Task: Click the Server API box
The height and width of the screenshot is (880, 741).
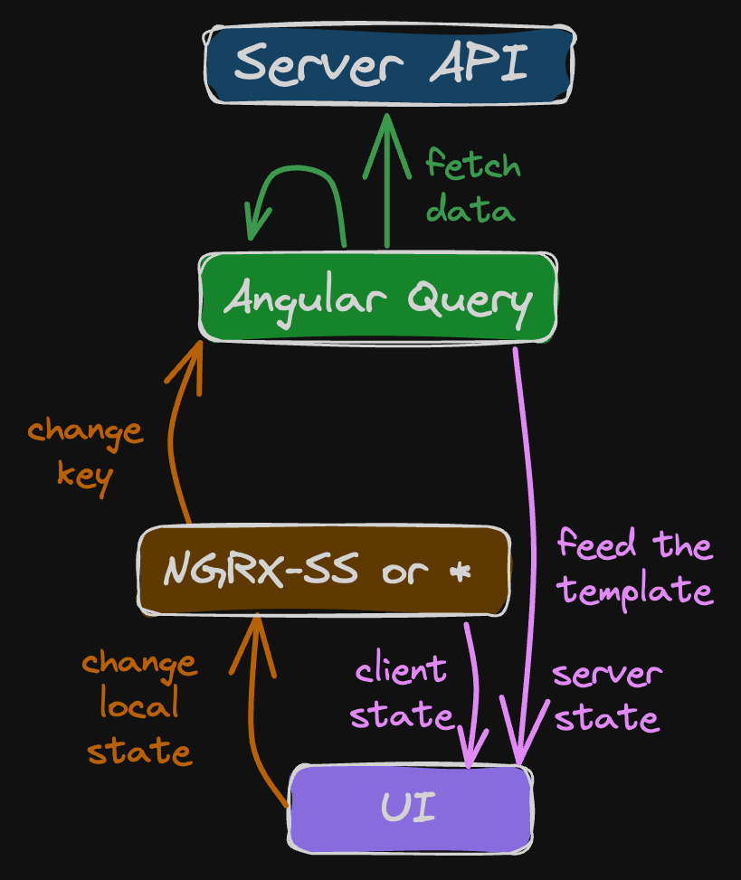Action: tap(389, 64)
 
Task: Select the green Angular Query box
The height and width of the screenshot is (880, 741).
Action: tap(377, 298)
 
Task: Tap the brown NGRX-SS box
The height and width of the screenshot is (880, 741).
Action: tap(324, 571)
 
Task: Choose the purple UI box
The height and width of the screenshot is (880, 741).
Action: tap(410, 808)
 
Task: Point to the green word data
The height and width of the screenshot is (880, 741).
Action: tap(470, 210)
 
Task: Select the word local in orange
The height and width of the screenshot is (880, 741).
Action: tap(138, 705)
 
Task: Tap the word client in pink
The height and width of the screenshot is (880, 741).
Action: tap(401, 670)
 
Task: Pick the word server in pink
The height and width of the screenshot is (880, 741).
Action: tap(607, 675)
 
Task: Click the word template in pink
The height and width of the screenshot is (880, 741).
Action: tap(635, 591)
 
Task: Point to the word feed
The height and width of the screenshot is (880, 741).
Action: tap(595, 544)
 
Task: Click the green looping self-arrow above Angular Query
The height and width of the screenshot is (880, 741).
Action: tap(299, 185)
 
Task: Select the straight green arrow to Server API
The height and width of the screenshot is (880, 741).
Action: tap(387, 181)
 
